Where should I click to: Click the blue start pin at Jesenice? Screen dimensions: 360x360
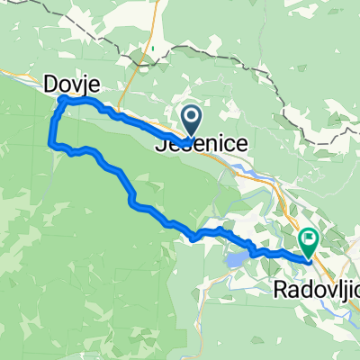click(192, 118)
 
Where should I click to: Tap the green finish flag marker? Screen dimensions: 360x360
click(308, 240)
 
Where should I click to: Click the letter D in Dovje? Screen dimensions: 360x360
click(50, 85)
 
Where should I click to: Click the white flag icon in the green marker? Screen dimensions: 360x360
click(308, 238)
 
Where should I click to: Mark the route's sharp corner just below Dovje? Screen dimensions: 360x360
click(60, 105)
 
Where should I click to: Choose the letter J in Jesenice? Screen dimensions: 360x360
click(162, 143)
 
